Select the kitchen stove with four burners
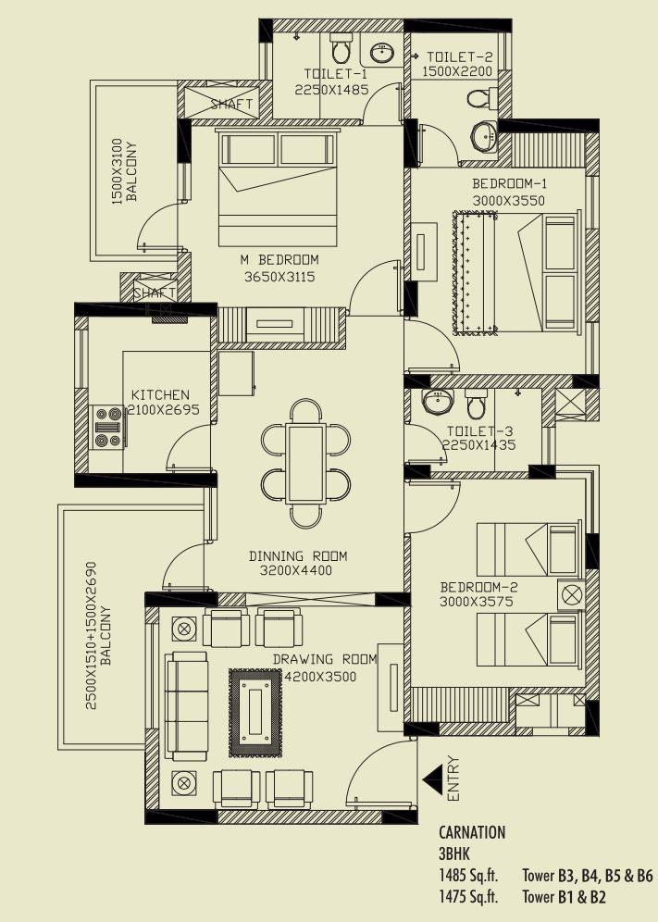108,428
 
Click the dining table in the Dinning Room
305,462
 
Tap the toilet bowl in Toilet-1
341,45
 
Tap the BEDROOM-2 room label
478,587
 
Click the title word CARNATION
472,832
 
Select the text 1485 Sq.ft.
467,875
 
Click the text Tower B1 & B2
565,896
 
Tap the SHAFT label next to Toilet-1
231,104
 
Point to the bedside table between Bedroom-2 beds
570,593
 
